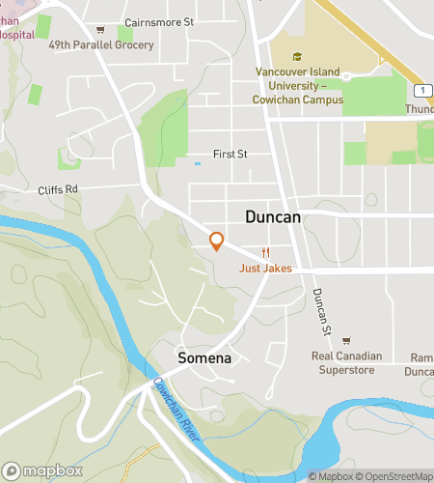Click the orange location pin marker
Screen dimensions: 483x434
(217, 241)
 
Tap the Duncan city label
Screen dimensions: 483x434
(273, 217)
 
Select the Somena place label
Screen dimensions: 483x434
(204, 357)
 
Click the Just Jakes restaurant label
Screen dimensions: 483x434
(265, 269)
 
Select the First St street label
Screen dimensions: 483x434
(231, 154)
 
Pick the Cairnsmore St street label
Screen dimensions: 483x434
(160, 21)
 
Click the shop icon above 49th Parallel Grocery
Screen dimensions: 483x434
(99, 29)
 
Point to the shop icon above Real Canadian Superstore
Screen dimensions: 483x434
(346, 339)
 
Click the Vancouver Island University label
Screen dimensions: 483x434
(299, 85)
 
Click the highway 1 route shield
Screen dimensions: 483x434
(421, 90)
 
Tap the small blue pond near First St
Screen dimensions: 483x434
(198, 163)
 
